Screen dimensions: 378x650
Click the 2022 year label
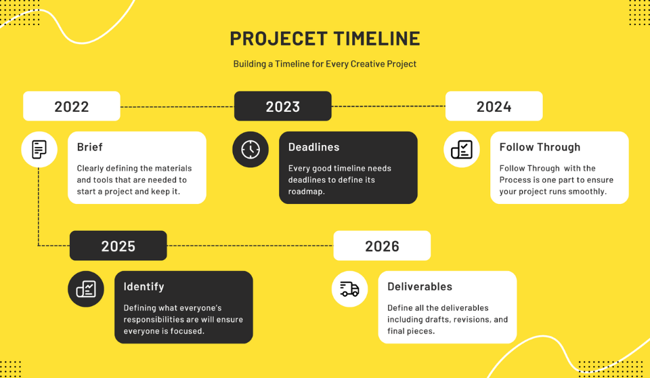(72, 106)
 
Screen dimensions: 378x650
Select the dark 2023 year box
(282, 106)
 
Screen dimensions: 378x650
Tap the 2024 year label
(494, 106)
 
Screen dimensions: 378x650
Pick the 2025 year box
(118, 246)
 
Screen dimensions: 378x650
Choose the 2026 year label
(382, 246)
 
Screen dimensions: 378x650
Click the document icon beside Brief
(39, 149)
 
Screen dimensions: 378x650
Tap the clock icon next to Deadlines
(251, 149)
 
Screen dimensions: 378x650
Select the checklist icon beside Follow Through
(462, 149)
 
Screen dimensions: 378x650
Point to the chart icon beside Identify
(86, 289)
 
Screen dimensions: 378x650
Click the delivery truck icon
(349, 289)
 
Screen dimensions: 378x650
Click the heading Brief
(90, 147)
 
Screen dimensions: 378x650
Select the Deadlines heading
(313, 147)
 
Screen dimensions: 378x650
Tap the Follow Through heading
(540, 147)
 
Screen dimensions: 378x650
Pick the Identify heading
(144, 287)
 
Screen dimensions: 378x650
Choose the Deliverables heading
(420, 287)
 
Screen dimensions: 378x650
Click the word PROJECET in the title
(277, 39)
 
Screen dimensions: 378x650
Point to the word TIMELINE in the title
(374, 39)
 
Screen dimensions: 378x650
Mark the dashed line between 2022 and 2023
(177, 107)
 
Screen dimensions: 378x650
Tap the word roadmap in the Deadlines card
(307, 192)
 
